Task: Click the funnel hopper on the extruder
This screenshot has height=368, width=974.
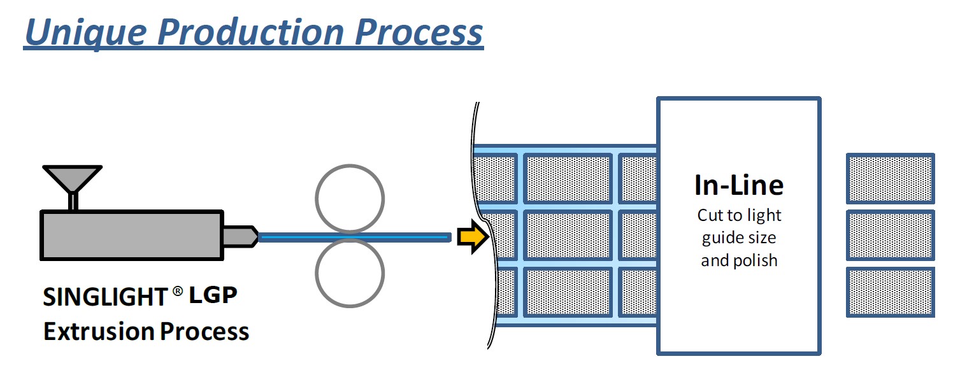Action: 72,178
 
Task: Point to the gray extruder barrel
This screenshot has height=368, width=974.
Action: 131,235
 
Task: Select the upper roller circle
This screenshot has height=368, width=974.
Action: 350,200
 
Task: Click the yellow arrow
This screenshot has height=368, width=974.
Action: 472,237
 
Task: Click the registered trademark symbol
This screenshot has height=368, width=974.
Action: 178,291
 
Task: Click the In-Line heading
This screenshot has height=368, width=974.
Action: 738,185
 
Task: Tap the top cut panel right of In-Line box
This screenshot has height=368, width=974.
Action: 890,178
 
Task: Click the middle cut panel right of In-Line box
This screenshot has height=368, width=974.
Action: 890,235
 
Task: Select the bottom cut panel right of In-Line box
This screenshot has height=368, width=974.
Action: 890,292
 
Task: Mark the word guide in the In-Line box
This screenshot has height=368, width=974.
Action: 721,239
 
